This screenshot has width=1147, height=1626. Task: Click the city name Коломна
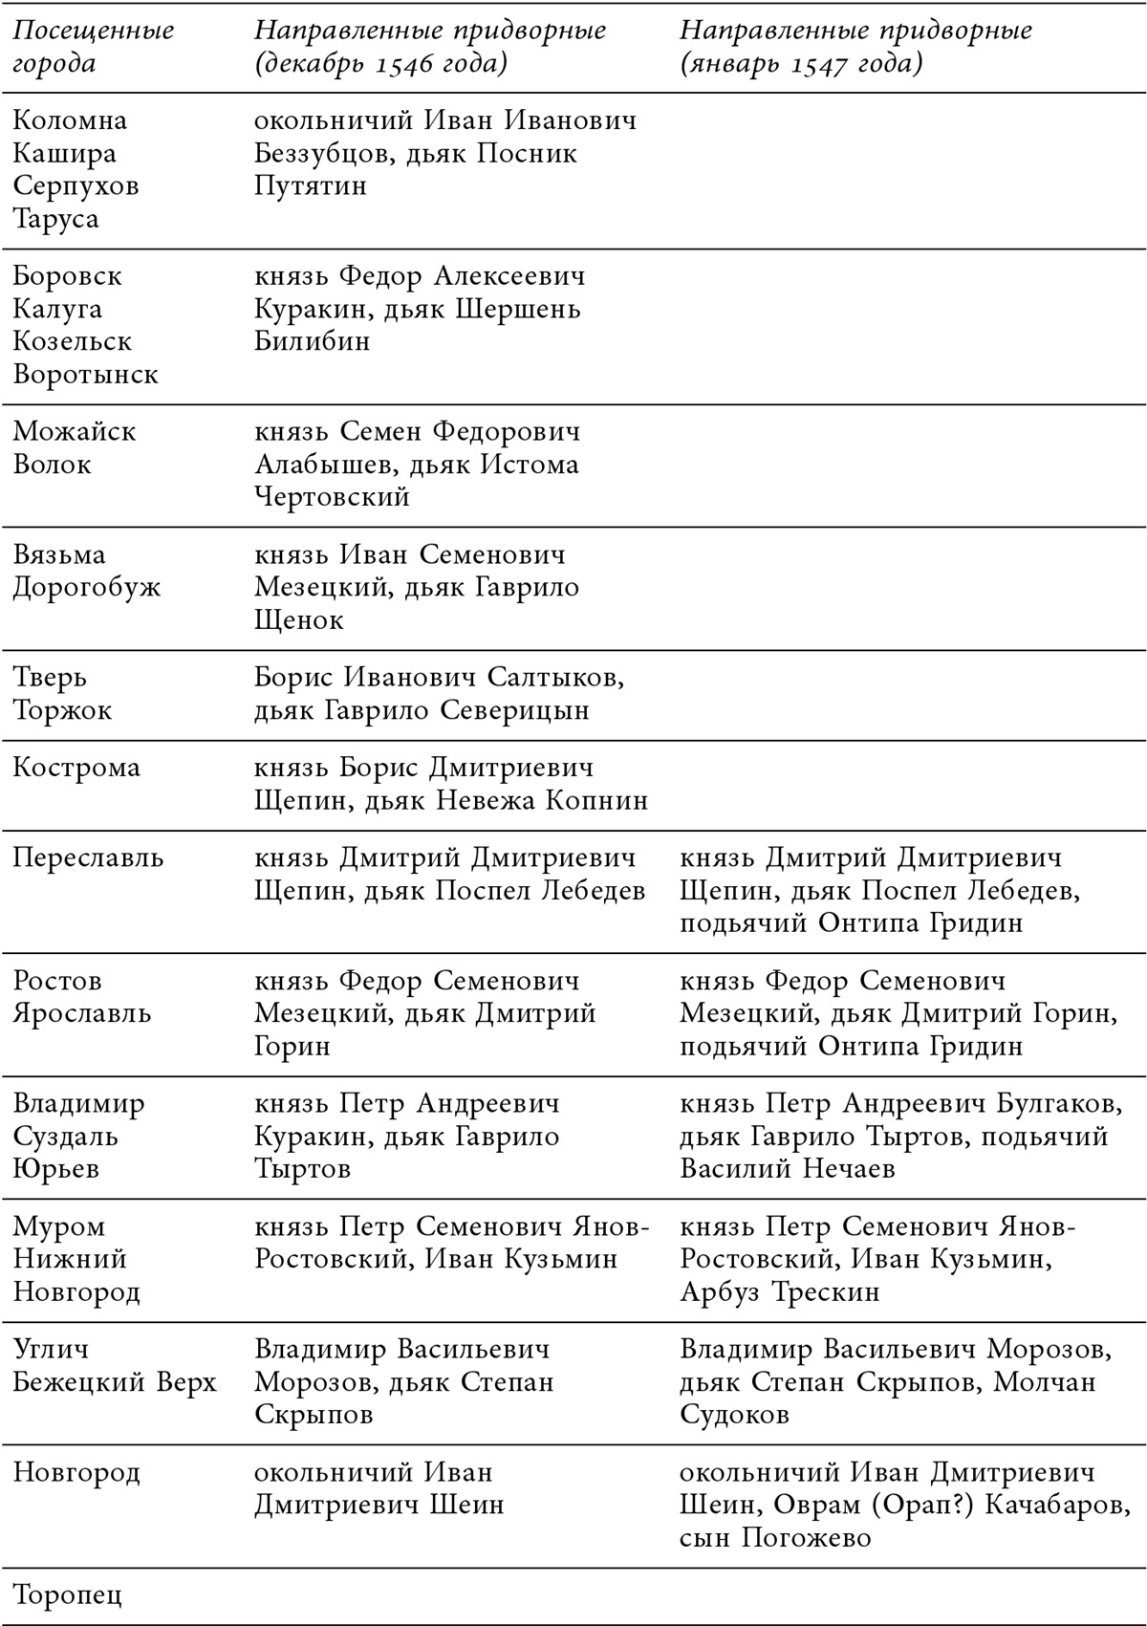click(x=70, y=121)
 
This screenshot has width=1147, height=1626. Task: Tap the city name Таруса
click(x=56, y=219)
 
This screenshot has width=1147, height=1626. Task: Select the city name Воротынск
click(x=86, y=374)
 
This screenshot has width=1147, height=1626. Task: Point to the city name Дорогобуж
click(x=87, y=587)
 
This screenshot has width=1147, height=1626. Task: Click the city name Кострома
click(x=76, y=768)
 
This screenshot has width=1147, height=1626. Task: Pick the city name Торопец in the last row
click(x=68, y=1595)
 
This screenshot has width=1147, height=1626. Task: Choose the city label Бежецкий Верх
click(x=115, y=1382)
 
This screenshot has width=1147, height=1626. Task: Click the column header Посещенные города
click(x=93, y=47)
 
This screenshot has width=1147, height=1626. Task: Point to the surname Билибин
click(x=312, y=341)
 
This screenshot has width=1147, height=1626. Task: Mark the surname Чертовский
click(x=332, y=497)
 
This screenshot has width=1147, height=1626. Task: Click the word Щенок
click(x=299, y=620)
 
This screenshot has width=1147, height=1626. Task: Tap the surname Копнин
click(x=596, y=800)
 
